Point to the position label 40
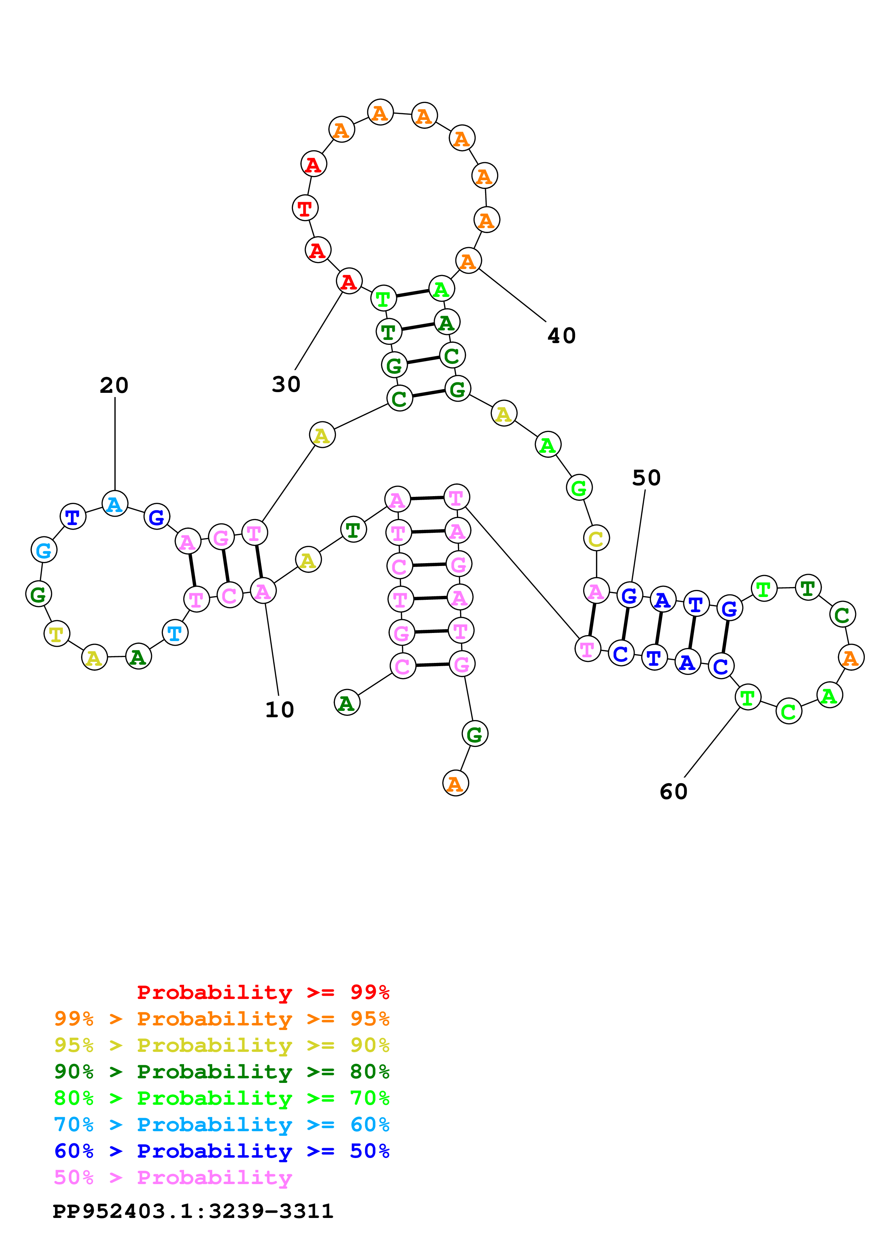pos(562,336)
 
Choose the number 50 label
pos(646,478)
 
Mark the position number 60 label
pos(674,791)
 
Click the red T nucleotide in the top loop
pos(305,208)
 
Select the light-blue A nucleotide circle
pos(115,504)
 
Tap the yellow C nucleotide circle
pos(596,538)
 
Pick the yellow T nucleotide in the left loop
pos(56,634)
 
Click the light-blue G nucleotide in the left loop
pos(44,550)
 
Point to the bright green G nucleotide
pos(579,488)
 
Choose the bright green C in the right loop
pos(789,712)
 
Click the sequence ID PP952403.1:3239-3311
pos(193,1212)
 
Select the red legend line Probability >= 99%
pos(263,992)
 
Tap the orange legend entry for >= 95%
pos(221,1019)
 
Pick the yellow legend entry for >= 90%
pos(221,1045)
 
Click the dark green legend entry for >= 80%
pos(221,1072)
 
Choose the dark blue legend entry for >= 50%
pos(221,1151)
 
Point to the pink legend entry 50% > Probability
pos(173,1178)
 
